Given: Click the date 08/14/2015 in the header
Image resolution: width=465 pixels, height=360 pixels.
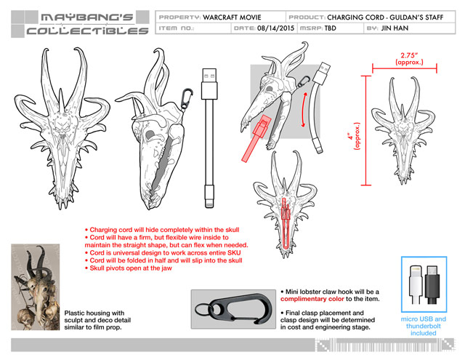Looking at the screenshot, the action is click(x=275, y=28).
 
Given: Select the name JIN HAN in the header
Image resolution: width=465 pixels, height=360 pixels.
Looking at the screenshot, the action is click(x=395, y=28).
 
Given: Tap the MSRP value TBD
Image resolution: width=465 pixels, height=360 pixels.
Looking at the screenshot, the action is click(x=330, y=28).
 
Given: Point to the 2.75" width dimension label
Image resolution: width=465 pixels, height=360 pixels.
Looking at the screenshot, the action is click(x=409, y=58).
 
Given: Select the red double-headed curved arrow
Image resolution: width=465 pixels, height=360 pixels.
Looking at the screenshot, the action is click(x=304, y=110).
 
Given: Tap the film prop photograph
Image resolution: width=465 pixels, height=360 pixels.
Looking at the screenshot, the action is click(x=36, y=287).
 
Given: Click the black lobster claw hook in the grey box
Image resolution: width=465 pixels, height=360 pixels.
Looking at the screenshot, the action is click(x=233, y=309).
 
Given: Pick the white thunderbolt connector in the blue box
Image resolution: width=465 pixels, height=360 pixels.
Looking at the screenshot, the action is click(x=416, y=284).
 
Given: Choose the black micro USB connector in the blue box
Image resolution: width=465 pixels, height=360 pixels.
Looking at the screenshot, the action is click(x=432, y=284).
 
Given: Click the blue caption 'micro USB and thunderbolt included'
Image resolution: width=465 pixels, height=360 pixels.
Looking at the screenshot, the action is click(x=423, y=326).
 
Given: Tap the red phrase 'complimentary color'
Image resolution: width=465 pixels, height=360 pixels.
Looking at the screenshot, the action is click(x=312, y=299).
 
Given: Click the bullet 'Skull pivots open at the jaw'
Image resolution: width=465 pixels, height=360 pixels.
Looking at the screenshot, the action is click(x=129, y=268).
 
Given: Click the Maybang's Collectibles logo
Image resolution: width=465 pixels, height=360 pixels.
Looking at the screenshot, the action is click(x=80, y=24).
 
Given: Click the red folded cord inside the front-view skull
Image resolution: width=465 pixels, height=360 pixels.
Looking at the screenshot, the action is click(x=286, y=223).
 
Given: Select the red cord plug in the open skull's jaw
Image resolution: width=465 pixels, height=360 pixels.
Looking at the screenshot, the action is click(x=256, y=139).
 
